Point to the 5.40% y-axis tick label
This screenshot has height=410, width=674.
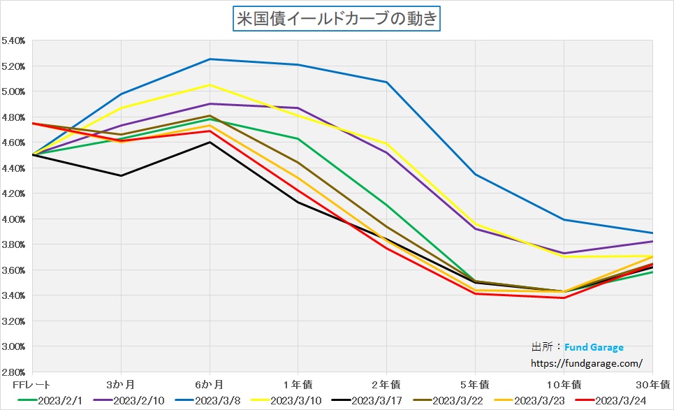pyautogui.click(x=14, y=41)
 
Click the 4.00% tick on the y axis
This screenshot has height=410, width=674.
pyautogui.click(x=14, y=219)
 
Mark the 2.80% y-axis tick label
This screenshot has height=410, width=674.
pyautogui.click(x=14, y=372)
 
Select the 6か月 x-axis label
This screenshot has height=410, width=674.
pyautogui.click(x=210, y=384)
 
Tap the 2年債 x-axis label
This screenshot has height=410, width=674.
pyautogui.click(x=386, y=384)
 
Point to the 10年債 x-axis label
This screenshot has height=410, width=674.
pyautogui.click(x=564, y=384)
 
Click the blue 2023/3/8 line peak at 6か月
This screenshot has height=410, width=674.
pyautogui.click(x=210, y=59)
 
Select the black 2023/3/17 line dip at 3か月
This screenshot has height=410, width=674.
pyautogui.click(x=121, y=175)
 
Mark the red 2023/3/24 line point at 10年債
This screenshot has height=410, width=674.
pyautogui.click(x=564, y=298)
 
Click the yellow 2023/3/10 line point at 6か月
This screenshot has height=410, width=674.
pyautogui.click(x=210, y=85)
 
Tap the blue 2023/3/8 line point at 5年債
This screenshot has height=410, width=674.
pyautogui.click(x=475, y=174)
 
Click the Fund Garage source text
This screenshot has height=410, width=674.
pyautogui.click(x=594, y=347)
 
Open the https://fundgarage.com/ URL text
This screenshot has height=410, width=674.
pyautogui.click(x=587, y=363)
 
